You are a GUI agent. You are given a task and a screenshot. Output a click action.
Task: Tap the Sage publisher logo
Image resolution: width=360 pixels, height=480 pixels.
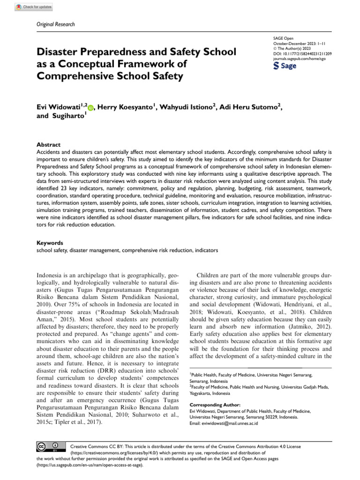pos(285,66)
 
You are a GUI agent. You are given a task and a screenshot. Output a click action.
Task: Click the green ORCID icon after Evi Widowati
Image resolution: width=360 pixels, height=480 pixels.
pos(90,108)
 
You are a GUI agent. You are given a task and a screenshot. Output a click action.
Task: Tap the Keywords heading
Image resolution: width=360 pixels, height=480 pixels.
pos(50,243)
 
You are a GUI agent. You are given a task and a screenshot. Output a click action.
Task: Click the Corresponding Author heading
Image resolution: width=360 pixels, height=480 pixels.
pos(215,405)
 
